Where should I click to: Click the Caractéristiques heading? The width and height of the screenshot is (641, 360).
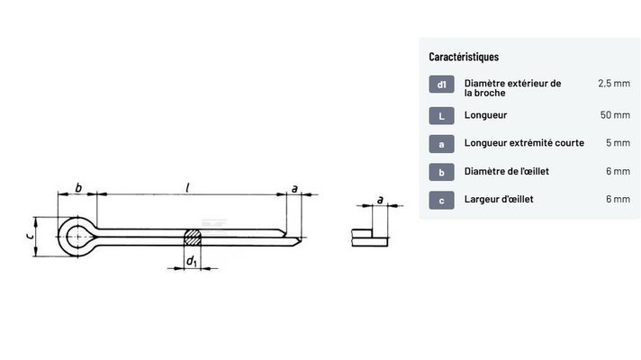464,57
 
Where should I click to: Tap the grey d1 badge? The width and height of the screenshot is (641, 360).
441,85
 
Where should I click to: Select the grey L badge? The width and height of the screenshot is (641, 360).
441,115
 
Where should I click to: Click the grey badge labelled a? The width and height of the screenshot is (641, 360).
441,144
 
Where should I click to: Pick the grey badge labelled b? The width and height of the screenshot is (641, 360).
441,172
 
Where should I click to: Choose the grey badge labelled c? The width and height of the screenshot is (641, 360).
441,200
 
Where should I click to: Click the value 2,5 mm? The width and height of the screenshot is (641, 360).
614,84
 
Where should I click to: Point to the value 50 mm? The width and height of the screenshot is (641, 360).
615,115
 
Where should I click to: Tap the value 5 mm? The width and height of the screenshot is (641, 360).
618,142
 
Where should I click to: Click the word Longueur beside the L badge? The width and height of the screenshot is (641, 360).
485,115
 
